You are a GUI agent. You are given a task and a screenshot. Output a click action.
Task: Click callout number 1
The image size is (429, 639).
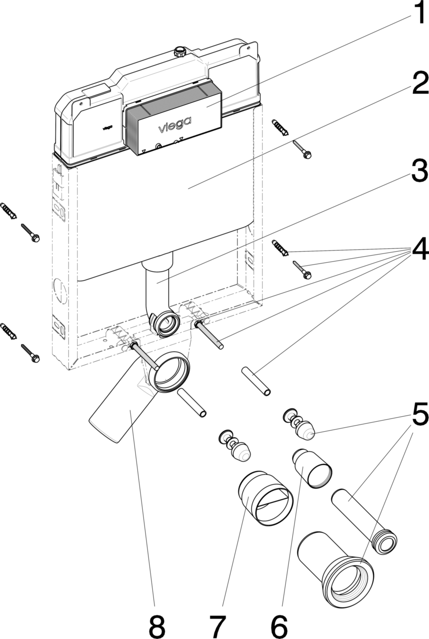click(415, 14)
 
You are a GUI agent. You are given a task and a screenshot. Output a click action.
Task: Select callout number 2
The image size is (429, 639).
click(415, 83)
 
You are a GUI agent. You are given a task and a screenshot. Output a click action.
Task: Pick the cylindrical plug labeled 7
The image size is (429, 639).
click(264, 498)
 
